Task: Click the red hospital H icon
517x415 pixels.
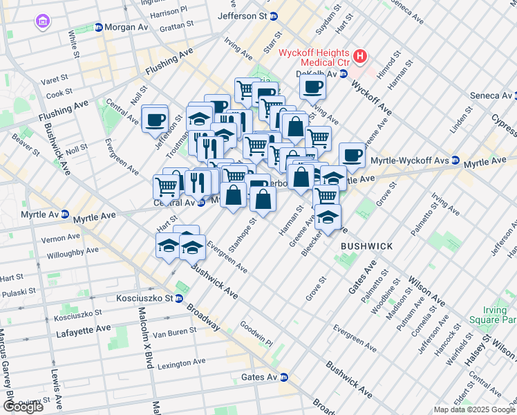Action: tap(359, 55)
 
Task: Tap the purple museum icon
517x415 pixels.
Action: tap(43, 22)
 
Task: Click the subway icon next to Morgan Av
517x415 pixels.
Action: tap(99, 28)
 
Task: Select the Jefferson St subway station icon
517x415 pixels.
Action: tap(274, 15)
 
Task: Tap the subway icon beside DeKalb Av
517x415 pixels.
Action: tap(343, 74)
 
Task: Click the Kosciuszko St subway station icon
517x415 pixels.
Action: tap(179, 299)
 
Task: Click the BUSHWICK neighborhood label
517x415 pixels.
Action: tap(366, 246)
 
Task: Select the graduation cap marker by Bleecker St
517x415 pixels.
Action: tap(328, 216)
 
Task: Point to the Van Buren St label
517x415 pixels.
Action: tap(171, 333)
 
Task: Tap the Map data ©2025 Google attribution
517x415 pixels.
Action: tap(474, 409)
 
